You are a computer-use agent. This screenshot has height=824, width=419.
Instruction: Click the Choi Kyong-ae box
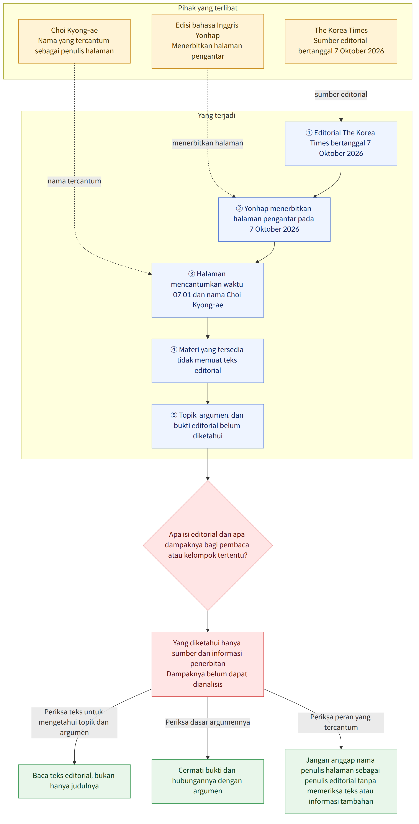[x=74, y=41]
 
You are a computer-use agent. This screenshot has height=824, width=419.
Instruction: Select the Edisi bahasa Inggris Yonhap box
[x=208, y=41]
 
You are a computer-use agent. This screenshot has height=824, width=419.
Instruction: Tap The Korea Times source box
[x=341, y=41]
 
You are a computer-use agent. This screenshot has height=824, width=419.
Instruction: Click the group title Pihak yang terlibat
[x=208, y=8]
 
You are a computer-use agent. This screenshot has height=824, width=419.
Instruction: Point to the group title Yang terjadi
[x=216, y=115]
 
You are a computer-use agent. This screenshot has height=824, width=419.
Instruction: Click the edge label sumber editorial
[x=341, y=94]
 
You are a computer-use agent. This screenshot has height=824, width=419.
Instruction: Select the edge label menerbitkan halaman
[x=208, y=143]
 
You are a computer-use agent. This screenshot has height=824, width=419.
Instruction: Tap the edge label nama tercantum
[x=74, y=181]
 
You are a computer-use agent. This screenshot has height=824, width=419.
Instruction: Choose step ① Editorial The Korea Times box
[x=341, y=144]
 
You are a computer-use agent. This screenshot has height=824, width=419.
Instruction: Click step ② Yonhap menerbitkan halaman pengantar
[x=274, y=219]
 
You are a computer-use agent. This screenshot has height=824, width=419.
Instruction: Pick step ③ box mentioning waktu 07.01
[x=208, y=290]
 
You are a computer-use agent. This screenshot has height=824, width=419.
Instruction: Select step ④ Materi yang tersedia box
[x=208, y=361]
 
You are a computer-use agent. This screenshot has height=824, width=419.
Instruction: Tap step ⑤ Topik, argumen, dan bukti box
[x=208, y=426]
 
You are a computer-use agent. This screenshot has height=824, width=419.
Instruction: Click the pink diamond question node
[x=208, y=545]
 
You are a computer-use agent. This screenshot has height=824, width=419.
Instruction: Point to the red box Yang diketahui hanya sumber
[x=208, y=664]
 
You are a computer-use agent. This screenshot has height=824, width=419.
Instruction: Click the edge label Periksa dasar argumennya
[x=208, y=722]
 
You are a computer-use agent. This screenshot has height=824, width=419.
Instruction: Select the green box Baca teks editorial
[x=74, y=781]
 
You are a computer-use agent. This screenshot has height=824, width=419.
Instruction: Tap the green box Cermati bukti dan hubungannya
[x=208, y=781]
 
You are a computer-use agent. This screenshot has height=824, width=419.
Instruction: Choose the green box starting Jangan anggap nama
[x=341, y=781]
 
